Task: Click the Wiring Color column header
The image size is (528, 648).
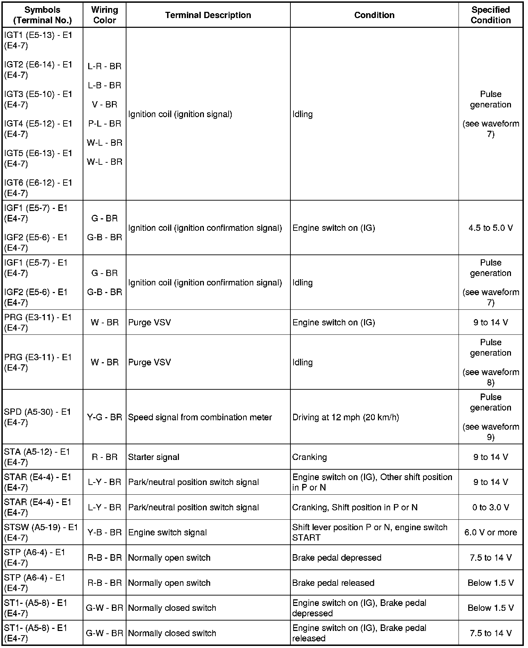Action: coord(105,15)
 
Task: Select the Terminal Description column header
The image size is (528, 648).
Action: coord(208,15)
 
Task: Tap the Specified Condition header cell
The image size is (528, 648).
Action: coord(490,15)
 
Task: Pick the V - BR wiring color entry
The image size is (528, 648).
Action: coord(105,104)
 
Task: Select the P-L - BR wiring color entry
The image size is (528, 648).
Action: coord(105,123)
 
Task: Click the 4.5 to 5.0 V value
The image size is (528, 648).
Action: coord(490,228)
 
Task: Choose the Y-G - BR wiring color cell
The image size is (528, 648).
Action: coord(105,417)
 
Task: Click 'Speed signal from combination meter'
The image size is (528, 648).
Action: coord(200,417)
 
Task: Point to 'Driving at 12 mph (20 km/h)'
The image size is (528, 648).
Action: coord(346,417)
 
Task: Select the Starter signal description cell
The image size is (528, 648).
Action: coord(154,457)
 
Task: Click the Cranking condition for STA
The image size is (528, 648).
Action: coord(310,457)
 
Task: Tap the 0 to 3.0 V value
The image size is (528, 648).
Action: coord(490,507)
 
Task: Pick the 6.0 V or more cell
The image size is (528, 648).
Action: coord(490,532)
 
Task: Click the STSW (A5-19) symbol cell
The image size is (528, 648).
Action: coord(41,532)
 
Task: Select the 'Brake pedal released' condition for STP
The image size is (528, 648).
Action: coord(333,583)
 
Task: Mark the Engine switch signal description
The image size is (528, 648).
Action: coord(167,532)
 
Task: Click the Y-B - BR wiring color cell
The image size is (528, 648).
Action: coord(105,532)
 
